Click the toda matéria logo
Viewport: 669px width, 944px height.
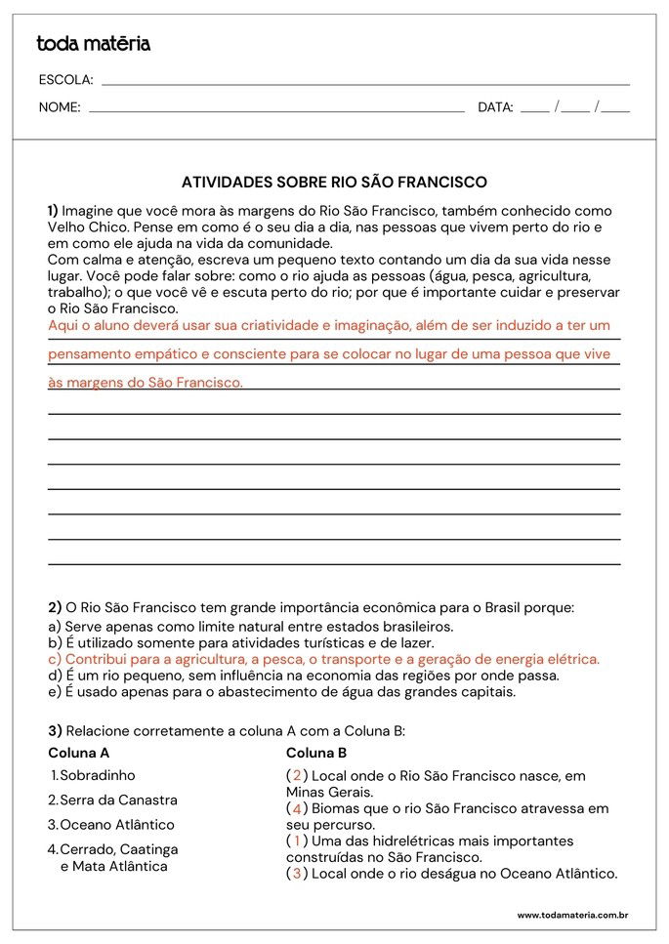coord(93,43)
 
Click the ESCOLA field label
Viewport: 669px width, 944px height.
coord(65,80)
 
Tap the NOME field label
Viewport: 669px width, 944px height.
coord(60,107)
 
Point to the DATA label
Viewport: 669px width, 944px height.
coord(495,107)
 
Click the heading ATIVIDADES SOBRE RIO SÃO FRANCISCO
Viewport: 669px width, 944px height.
coord(334,182)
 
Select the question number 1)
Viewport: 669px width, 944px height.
coord(53,210)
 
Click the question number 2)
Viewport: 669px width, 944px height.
coord(55,606)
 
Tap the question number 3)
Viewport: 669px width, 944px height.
coord(55,730)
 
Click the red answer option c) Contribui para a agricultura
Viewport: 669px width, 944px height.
coord(323,659)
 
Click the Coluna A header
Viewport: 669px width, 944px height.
coord(78,754)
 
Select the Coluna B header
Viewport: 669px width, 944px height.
coord(316,754)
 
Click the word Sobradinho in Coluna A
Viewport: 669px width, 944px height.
coord(98,775)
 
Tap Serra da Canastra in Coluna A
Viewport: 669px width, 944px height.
coord(118,800)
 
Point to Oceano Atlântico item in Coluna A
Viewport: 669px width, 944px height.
coord(117,824)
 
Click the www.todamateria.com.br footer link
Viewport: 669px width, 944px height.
coord(571,915)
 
